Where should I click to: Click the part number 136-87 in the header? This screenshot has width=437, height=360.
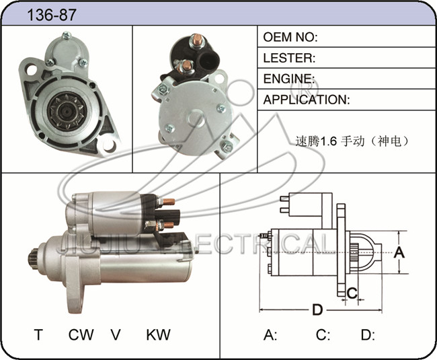[52, 15]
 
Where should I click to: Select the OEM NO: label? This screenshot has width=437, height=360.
[290, 37]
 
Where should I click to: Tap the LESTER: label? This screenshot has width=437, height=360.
[289, 58]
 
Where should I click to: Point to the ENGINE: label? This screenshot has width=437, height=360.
[289, 79]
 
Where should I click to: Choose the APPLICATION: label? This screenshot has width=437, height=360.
[307, 100]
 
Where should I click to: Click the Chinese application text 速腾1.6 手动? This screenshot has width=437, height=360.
[329, 141]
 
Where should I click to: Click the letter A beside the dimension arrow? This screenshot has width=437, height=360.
[399, 252]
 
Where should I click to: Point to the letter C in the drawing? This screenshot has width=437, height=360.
[352, 293]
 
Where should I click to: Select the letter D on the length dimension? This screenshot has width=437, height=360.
[317, 310]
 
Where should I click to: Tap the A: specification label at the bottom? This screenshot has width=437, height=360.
[270, 334]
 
